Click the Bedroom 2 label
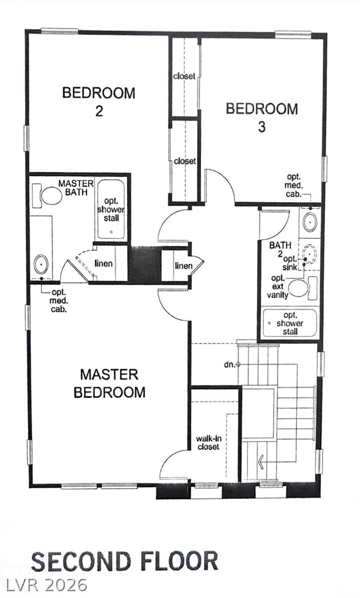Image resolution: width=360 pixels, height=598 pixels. point(99,102)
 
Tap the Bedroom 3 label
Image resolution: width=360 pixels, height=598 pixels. point(262,117)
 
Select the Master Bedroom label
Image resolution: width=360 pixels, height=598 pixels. point(109,383)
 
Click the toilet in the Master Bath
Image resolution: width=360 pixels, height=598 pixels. point(48,196)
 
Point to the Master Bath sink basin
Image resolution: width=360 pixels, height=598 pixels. point(41,264)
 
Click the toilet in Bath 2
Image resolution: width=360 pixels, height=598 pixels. point(302,289)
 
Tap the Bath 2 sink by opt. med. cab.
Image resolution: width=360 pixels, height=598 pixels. point(310,221)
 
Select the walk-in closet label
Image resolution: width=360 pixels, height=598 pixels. point(209,442)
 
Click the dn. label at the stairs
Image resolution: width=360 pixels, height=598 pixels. point(229,364)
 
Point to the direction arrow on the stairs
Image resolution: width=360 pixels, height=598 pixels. point(261,462)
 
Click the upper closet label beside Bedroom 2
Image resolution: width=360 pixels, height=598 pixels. point(184,76)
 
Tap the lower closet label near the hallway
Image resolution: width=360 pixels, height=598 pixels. point(185,161)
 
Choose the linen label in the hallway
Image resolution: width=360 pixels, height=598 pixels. point(184,265)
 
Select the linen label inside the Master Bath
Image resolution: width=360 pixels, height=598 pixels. point(104,263)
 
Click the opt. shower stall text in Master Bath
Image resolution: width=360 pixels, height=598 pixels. point(111,210)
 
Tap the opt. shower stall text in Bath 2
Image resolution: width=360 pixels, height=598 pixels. point(290,324)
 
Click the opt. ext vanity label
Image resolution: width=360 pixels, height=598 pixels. point(278,286)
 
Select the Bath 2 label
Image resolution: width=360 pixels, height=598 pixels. point(280,249)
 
